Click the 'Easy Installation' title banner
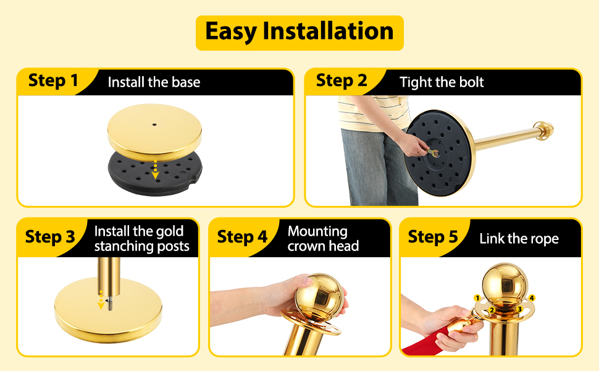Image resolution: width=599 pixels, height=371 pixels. (x=299, y=33)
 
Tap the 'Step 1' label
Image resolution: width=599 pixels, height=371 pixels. (x=53, y=81)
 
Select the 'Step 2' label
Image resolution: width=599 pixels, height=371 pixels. (x=341, y=81)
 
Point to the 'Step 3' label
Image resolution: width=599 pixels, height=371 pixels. (x=50, y=237)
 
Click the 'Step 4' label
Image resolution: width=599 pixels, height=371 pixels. (x=242, y=237)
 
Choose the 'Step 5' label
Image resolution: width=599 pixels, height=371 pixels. (x=433, y=237)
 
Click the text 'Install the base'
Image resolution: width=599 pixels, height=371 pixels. (x=154, y=82)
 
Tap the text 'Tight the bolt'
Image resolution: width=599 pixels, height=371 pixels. (x=442, y=82)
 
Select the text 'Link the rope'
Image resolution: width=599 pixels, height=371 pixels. (x=519, y=239)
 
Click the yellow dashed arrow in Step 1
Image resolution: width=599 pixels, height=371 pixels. (x=155, y=169)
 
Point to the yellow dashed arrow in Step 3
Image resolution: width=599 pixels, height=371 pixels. (x=101, y=299)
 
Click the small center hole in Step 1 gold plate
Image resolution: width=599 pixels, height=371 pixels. (x=154, y=125)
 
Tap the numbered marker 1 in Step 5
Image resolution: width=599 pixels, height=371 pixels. (x=477, y=298)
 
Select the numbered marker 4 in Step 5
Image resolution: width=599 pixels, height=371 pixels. (x=532, y=298)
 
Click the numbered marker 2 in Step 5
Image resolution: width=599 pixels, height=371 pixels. (x=492, y=310)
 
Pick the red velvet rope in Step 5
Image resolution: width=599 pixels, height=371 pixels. (x=424, y=341)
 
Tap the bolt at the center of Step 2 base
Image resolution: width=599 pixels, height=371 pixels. (x=435, y=154)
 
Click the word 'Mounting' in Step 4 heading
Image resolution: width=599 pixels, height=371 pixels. (x=317, y=231)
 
